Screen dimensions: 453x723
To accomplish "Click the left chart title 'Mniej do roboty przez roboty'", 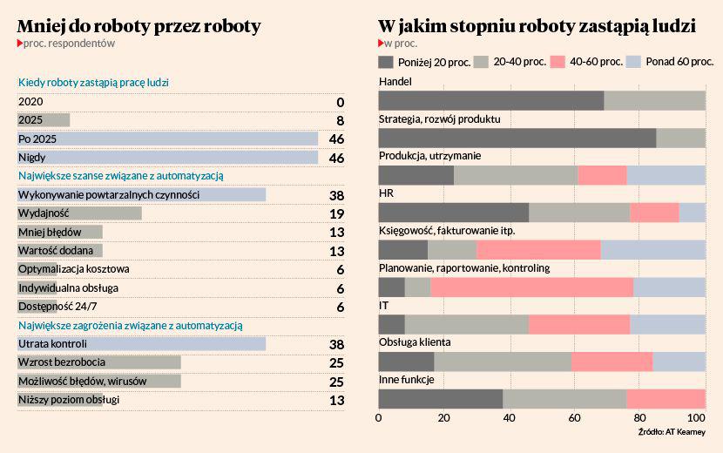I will pos(139,26).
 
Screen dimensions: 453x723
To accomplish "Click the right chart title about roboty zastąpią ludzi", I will pos(537,26).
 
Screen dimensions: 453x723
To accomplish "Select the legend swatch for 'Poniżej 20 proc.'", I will pos(386,62).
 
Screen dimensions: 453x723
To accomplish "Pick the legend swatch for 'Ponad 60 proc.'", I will pos(633,62).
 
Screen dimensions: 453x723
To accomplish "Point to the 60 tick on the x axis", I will pos(574,419).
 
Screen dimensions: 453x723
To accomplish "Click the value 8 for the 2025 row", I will pos(340,120).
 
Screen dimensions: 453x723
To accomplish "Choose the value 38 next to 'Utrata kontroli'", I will pos(336,343).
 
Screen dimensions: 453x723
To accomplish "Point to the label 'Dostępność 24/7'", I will pos(55,307).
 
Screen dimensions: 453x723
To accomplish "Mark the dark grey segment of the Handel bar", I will pos(490,100).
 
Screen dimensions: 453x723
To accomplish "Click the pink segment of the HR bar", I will pos(653,212).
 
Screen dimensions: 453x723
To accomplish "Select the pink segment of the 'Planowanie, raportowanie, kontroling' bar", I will pos(531,287).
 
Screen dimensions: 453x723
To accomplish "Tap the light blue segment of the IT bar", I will pos(667,324).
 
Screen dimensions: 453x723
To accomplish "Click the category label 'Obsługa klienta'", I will pos(414,342).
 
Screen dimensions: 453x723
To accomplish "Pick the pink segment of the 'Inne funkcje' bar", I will pos(666,399).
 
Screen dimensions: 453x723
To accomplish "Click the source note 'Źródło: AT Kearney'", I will pos(671,432).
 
